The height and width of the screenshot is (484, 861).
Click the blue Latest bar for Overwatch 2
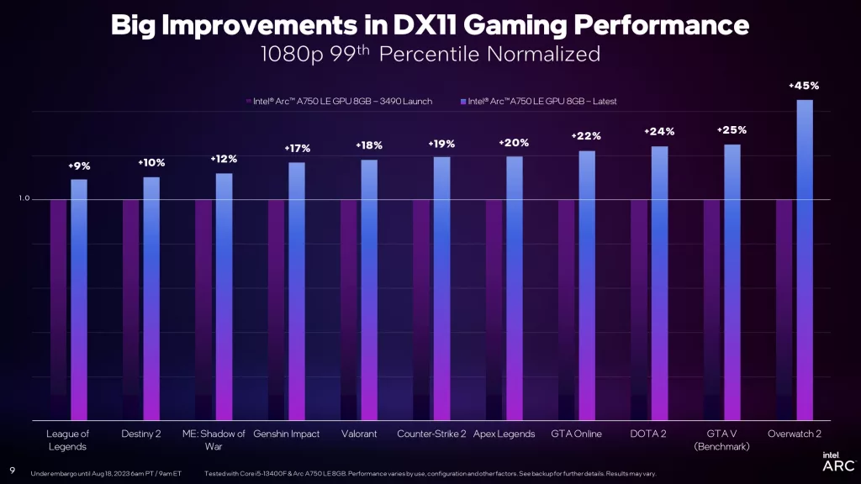[x=805, y=260]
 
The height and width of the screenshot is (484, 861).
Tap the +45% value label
[x=803, y=86]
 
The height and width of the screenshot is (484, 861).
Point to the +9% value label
[x=79, y=166]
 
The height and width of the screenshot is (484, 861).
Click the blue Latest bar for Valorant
[x=369, y=290]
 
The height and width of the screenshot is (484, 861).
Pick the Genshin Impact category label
[x=287, y=434]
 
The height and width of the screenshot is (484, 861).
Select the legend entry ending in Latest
[x=539, y=101]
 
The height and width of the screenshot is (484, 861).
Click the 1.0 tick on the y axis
[x=24, y=199]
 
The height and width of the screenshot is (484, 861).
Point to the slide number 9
[x=12, y=470]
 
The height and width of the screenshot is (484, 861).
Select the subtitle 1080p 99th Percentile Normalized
[x=430, y=55]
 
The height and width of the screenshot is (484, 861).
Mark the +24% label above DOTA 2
[x=659, y=132]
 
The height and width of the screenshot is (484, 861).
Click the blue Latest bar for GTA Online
[x=587, y=286]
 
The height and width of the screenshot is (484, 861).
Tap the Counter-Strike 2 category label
[x=431, y=434]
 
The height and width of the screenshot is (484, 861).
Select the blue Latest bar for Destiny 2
[x=151, y=298]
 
